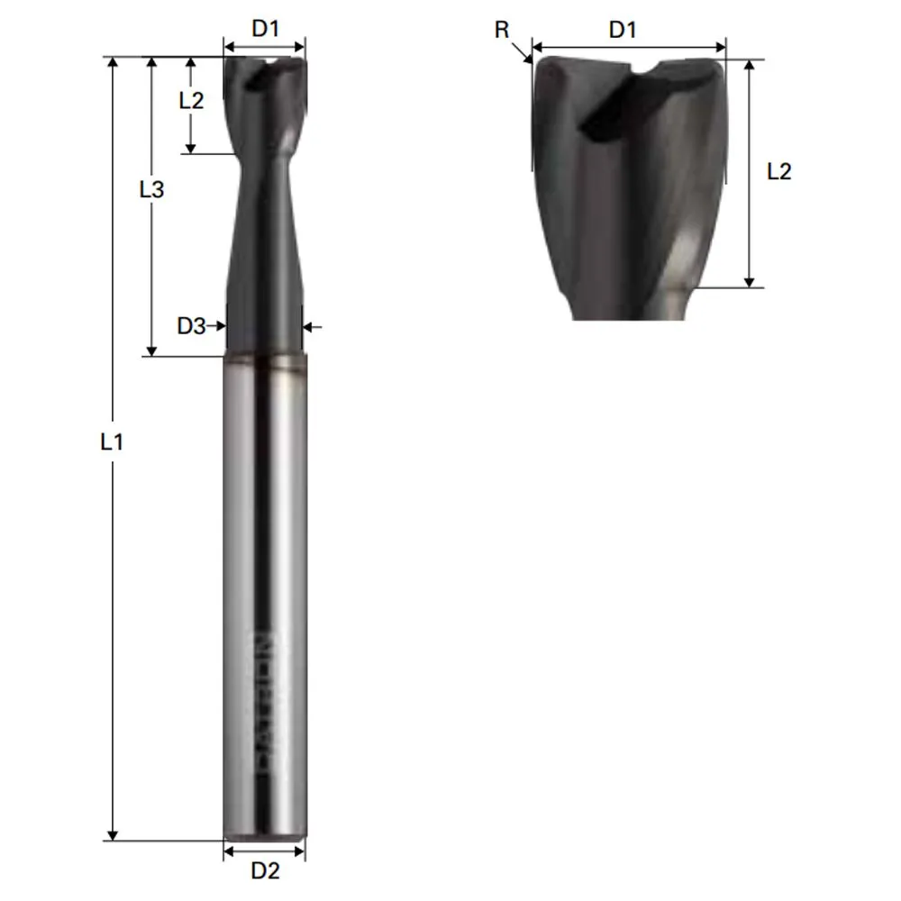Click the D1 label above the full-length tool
[265, 29]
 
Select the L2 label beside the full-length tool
[191, 100]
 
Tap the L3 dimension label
[151, 190]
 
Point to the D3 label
[190, 326]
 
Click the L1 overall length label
[112, 442]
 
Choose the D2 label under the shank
[265, 870]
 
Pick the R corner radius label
[502, 30]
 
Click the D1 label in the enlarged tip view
[623, 30]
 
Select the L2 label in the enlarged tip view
[778, 171]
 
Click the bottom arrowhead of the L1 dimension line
[113, 834]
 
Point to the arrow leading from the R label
[524, 56]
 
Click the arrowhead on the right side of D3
[307, 327]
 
